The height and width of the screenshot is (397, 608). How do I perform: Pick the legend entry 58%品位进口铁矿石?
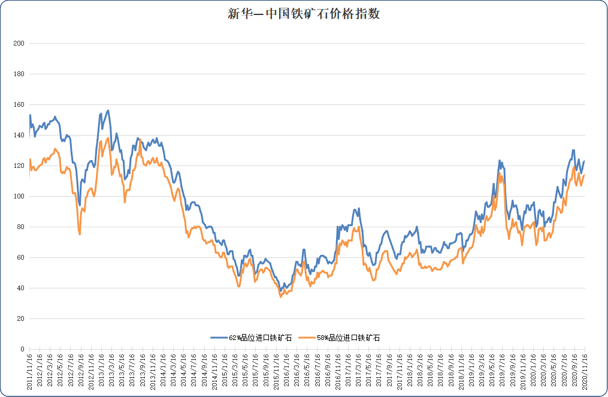coord(347,338)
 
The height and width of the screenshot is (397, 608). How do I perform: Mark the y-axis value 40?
coord(20,288)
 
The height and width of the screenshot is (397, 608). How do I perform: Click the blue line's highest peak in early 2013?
coord(108,110)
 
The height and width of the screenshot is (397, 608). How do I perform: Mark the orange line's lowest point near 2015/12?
coord(280,297)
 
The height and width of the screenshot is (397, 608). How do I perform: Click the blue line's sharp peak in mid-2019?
coord(499,161)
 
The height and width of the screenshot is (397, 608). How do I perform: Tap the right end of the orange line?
coord(584,175)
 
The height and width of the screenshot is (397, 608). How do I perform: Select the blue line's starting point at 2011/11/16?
coord(30,115)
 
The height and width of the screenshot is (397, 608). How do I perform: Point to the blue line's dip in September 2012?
coord(80,205)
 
